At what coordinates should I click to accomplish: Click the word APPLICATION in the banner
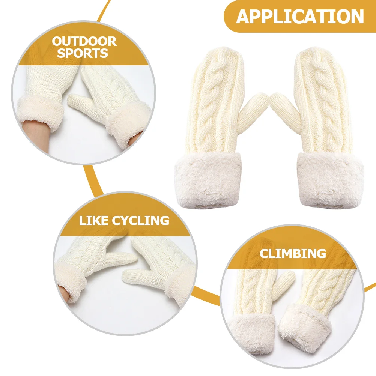[300, 17]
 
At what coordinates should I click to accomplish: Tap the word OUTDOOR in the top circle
[84, 41]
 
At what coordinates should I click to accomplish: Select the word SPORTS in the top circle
[83, 53]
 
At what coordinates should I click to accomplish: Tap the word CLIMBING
[293, 253]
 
